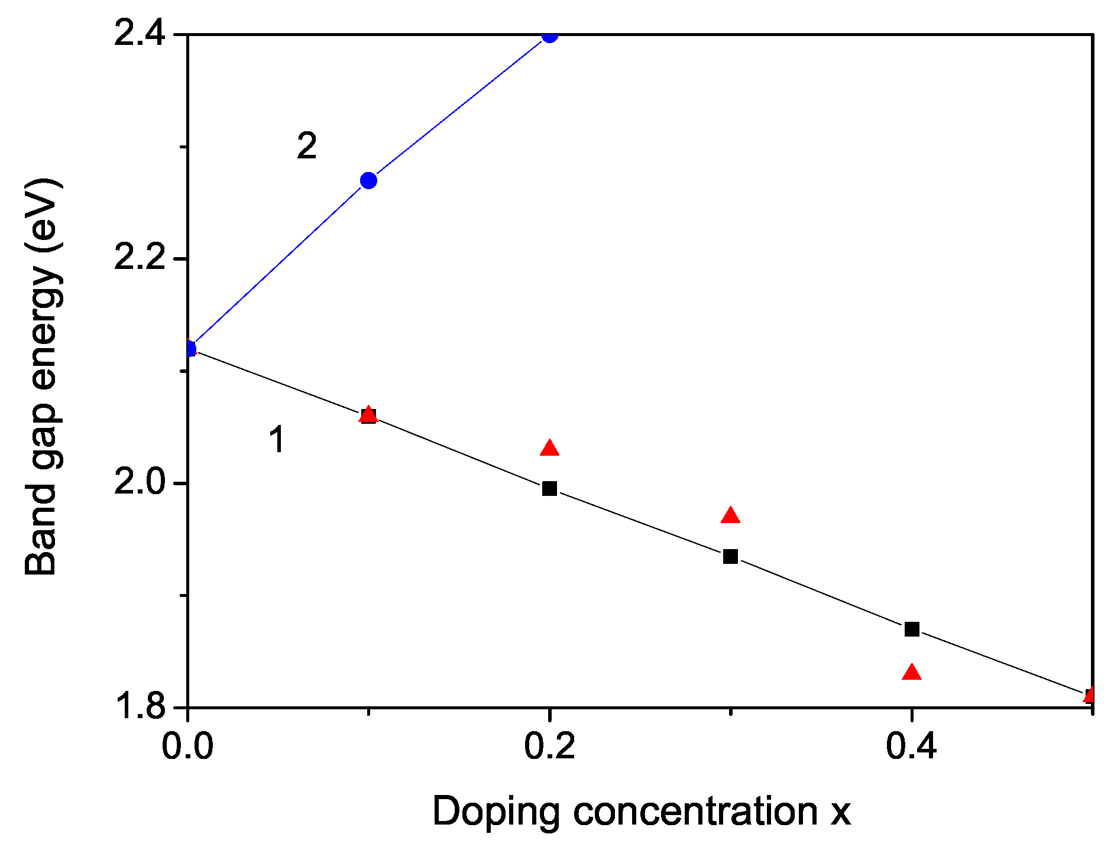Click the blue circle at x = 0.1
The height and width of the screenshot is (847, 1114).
pos(368,180)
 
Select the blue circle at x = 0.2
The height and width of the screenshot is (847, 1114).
pos(550,35)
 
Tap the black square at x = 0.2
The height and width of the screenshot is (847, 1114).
pos(550,488)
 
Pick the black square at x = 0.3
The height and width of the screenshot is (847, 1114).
pos(731,556)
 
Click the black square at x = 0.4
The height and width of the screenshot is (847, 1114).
pos(912,629)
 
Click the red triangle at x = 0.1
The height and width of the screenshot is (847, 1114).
pos(368,414)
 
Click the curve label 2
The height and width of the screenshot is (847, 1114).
pos(307,146)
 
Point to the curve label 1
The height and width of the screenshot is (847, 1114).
pos(277,440)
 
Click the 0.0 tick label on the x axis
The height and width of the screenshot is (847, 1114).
pos(187,746)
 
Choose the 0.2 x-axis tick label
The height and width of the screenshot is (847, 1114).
pos(550,746)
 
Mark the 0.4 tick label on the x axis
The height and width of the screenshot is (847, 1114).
pos(912,746)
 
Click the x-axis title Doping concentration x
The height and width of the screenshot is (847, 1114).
pos(642,811)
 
